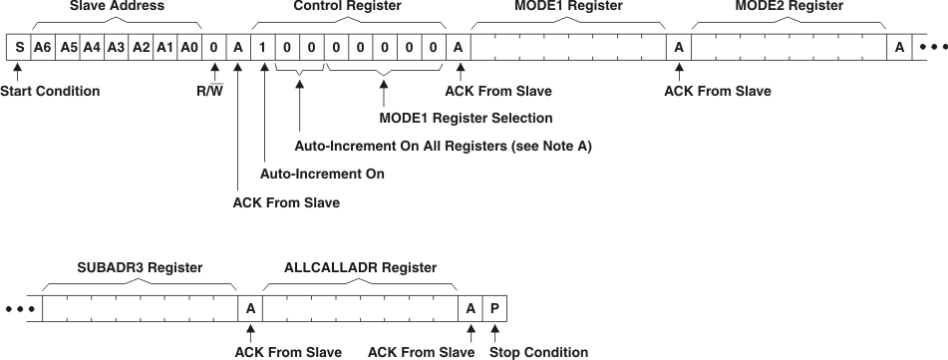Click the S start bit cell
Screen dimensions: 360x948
click(18, 46)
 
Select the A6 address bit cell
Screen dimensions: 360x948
click(42, 46)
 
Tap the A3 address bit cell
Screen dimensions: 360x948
click(116, 46)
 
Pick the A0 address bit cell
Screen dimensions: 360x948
click(189, 46)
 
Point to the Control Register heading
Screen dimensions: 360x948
click(348, 7)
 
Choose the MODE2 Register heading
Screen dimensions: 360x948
click(789, 7)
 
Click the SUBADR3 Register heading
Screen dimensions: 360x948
click(140, 268)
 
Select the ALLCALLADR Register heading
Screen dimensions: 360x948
click(360, 268)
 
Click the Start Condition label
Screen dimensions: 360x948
click(50, 92)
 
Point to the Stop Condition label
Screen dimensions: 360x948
click(538, 352)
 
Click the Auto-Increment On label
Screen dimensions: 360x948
click(322, 175)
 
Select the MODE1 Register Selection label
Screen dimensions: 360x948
click(466, 119)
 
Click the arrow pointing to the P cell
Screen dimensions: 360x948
click(494, 333)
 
